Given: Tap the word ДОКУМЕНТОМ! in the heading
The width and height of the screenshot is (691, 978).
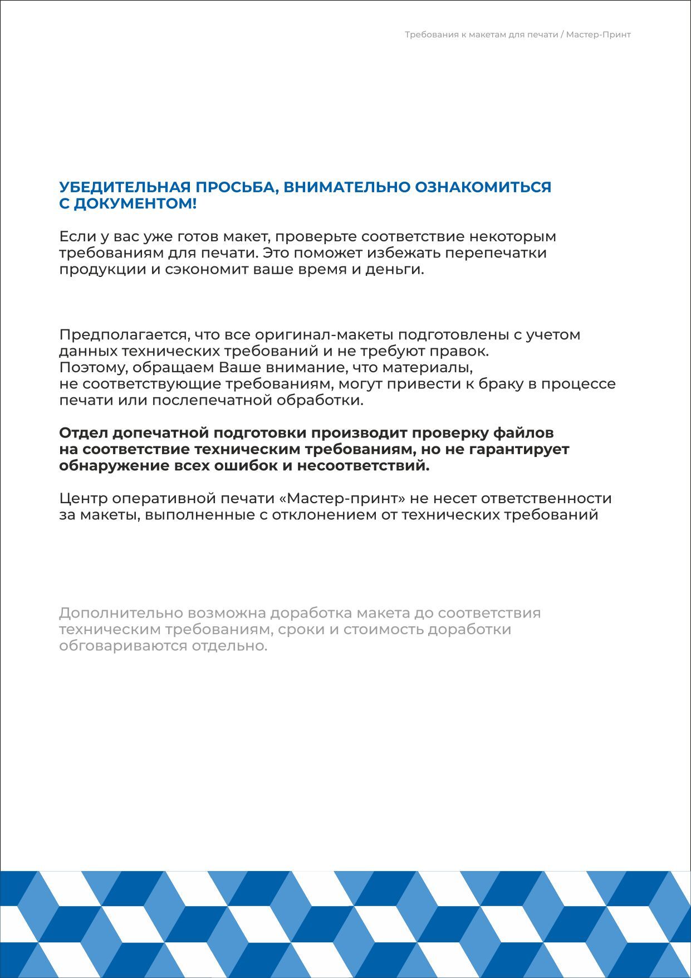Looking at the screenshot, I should click(x=135, y=204).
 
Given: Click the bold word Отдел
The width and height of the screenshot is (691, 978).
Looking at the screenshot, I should click(x=84, y=433).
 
